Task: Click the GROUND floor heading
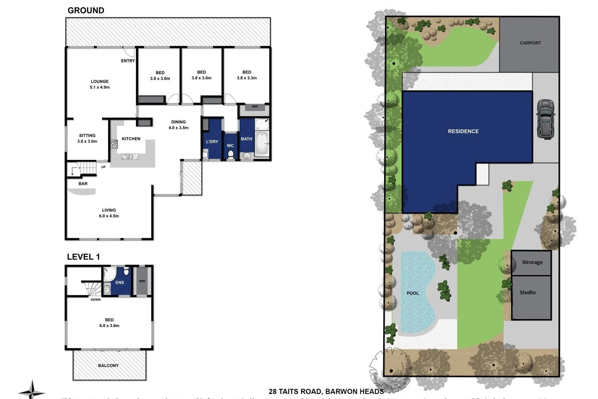pyautogui.click(x=86, y=11)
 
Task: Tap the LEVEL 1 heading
pyautogui.click(x=83, y=257)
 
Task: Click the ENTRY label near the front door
pyautogui.click(x=128, y=61)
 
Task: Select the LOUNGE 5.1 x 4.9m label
pyautogui.click(x=100, y=84)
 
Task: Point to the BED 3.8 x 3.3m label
pyautogui.click(x=247, y=75)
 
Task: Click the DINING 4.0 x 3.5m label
pyautogui.click(x=179, y=125)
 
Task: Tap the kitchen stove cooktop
pyautogui.click(x=114, y=145)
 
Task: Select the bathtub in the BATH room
pyautogui.click(x=262, y=144)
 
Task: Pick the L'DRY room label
pyautogui.click(x=212, y=142)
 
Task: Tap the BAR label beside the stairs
pyautogui.click(x=83, y=184)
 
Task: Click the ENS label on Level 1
pyautogui.click(x=119, y=283)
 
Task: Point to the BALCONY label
pyautogui.click(x=108, y=366)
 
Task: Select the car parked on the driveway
pyautogui.click(x=546, y=119)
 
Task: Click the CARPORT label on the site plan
pyautogui.click(x=530, y=43)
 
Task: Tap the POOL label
pyautogui.click(x=413, y=293)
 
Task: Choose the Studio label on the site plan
pyautogui.click(x=527, y=292)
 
